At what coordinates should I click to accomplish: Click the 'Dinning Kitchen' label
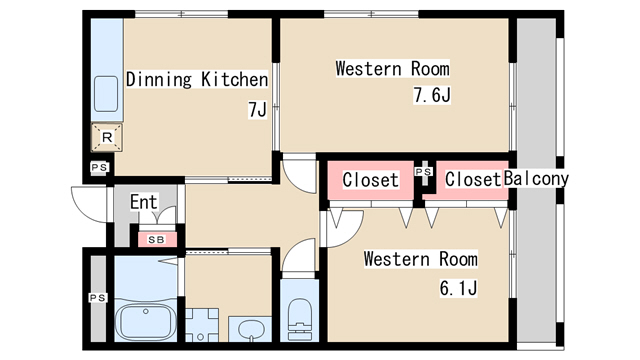pyautogui.click(x=197, y=79)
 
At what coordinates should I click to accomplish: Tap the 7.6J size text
pyautogui.click(x=432, y=95)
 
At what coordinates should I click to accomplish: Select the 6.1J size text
pyautogui.click(x=458, y=288)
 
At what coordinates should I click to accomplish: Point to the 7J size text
pyautogui.click(x=257, y=109)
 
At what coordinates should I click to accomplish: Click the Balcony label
pyautogui.click(x=536, y=179)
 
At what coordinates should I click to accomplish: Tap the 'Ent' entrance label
pyautogui.click(x=143, y=202)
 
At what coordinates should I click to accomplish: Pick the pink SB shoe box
pyautogui.click(x=157, y=240)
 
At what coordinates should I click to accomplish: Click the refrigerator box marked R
pyautogui.click(x=107, y=137)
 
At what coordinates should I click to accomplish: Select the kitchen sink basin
pyautogui.click(x=106, y=94)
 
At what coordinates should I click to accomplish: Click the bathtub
pyautogui.click(x=145, y=321)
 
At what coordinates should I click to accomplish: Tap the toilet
pyautogui.click(x=300, y=319)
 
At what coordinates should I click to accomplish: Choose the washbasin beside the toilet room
pyautogui.click(x=250, y=329)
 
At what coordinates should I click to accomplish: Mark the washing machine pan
pyautogui.click(x=202, y=325)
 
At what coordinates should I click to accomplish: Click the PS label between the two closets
pyautogui.click(x=424, y=172)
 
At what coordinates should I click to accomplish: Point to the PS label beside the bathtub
pyautogui.click(x=98, y=298)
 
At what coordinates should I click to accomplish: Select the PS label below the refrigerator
pyautogui.click(x=99, y=167)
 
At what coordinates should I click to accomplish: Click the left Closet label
pyautogui.click(x=371, y=180)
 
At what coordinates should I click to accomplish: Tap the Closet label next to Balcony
pyautogui.click(x=473, y=179)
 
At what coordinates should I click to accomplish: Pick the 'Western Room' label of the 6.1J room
pyautogui.click(x=420, y=259)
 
